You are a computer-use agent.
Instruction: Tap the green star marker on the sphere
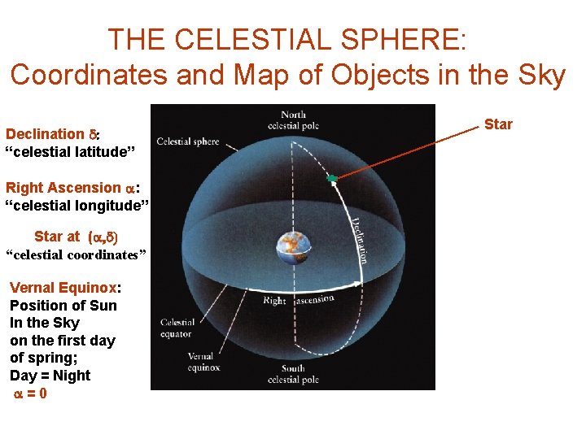[x=331, y=178]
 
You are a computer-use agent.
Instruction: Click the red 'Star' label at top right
[x=498, y=124]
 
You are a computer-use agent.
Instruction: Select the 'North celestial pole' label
[x=293, y=120]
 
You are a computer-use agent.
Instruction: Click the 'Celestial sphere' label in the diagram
[x=187, y=141]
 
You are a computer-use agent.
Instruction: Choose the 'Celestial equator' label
[x=177, y=328]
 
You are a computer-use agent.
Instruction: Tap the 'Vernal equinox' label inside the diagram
[x=201, y=362]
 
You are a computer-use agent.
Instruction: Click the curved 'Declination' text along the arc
[x=359, y=238]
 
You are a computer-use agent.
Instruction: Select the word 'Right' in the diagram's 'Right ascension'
[x=274, y=301]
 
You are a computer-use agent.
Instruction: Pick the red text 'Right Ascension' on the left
[x=63, y=187]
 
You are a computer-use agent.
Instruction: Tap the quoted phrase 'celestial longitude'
[x=77, y=205]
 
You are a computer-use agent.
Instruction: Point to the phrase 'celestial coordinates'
[x=76, y=255]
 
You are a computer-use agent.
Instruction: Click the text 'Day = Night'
[x=50, y=376]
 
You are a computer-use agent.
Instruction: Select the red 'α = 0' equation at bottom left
[x=29, y=393]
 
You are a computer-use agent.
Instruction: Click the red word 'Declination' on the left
[x=45, y=134]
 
